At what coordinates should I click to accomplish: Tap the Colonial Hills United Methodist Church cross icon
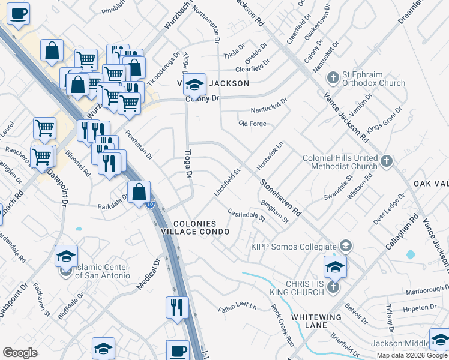(x=386, y=161)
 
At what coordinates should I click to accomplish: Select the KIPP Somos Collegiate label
(x=294, y=247)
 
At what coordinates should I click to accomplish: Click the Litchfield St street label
(x=228, y=182)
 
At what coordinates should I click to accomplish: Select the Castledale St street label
(x=246, y=215)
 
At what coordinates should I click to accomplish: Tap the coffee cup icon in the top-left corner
(x=19, y=13)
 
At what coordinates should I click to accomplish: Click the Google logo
(x=20, y=353)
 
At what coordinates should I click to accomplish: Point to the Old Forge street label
(x=252, y=124)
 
